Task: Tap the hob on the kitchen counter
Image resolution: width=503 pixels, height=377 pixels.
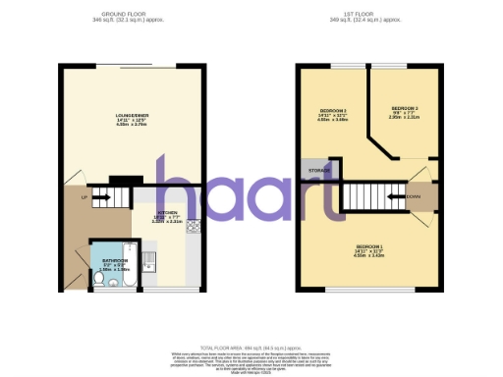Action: click(x=193, y=228)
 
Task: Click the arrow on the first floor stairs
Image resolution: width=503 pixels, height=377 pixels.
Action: click(x=396, y=196)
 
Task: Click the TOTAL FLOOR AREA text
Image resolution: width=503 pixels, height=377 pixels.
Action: click(x=251, y=348)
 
